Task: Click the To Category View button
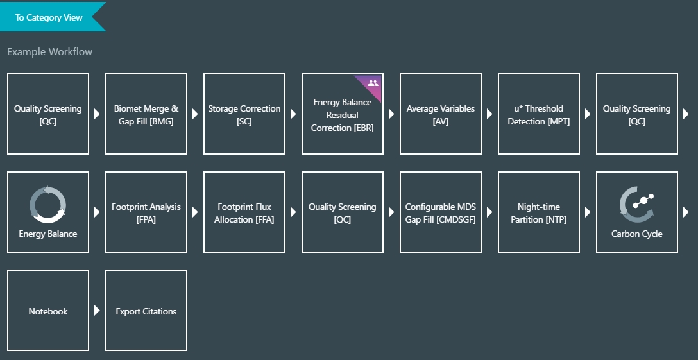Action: [x=49, y=17]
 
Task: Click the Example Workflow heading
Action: [x=49, y=52]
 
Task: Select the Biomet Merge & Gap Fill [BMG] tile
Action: [x=146, y=114]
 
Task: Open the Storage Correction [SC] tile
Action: [x=244, y=114]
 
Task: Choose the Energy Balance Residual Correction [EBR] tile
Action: [x=343, y=114]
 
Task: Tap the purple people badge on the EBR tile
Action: [x=373, y=83]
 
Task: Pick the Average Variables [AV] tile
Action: [x=441, y=114]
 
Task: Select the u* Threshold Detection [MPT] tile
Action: [x=539, y=114]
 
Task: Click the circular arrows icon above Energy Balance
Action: [x=48, y=204]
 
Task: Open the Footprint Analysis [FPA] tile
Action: [x=146, y=212]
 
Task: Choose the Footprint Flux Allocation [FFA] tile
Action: [x=244, y=212]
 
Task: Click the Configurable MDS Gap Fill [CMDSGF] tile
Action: [x=441, y=212]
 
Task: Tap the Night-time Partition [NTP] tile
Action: [x=539, y=212]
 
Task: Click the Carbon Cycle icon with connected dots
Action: [x=636, y=204]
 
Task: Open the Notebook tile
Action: [x=48, y=311]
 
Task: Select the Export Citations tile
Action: [x=146, y=311]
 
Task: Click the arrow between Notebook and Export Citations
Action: [x=97, y=311]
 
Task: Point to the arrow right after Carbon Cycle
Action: [x=686, y=212]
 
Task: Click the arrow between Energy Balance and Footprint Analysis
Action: [x=97, y=212]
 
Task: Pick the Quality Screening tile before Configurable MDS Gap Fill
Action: [x=343, y=212]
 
